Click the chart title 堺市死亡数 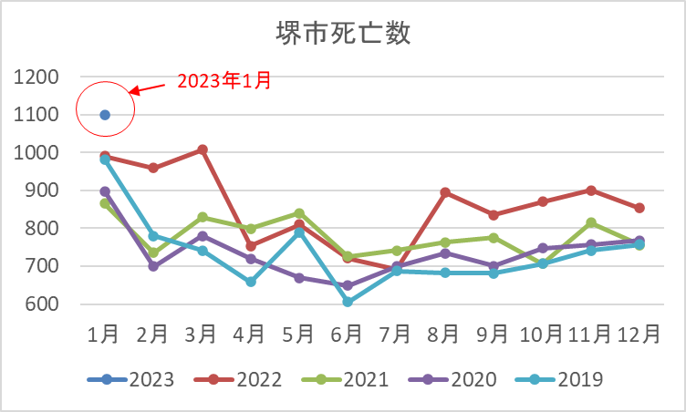[x=343, y=33]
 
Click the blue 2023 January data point [x=105, y=115]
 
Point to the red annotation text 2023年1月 [x=224, y=80]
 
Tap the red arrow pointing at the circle [x=148, y=88]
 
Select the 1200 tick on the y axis [x=36, y=77]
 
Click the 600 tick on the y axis [x=42, y=304]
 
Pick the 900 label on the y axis [x=42, y=191]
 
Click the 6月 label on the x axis [x=346, y=335]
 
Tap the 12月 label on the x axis [x=639, y=335]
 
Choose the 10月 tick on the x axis [x=541, y=335]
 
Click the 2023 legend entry [x=130, y=379]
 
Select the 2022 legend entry [x=237, y=379]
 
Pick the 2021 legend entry [x=345, y=379]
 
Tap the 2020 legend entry [x=452, y=379]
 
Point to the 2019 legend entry [x=559, y=379]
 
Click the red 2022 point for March [x=203, y=150]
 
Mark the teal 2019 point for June [x=348, y=302]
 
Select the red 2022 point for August [x=445, y=192]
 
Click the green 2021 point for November [x=591, y=222]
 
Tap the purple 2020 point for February [x=153, y=266]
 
